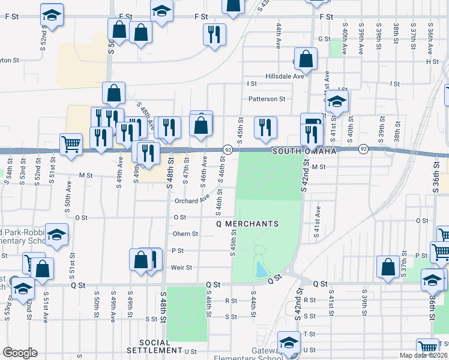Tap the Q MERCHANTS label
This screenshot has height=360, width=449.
tap(247, 224)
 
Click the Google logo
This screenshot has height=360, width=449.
tap(20, 353)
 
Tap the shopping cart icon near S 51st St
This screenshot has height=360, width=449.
tap(71, 144)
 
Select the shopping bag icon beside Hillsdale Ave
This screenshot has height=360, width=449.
tap(306, 59)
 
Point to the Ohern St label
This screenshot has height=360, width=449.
tap(185, 234)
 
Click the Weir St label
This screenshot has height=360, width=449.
tap(181, 268)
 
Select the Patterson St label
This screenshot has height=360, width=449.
tap(267, 99)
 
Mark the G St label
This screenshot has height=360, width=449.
tap(325, 39)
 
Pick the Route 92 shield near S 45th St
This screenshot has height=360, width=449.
tap(228, 148)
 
